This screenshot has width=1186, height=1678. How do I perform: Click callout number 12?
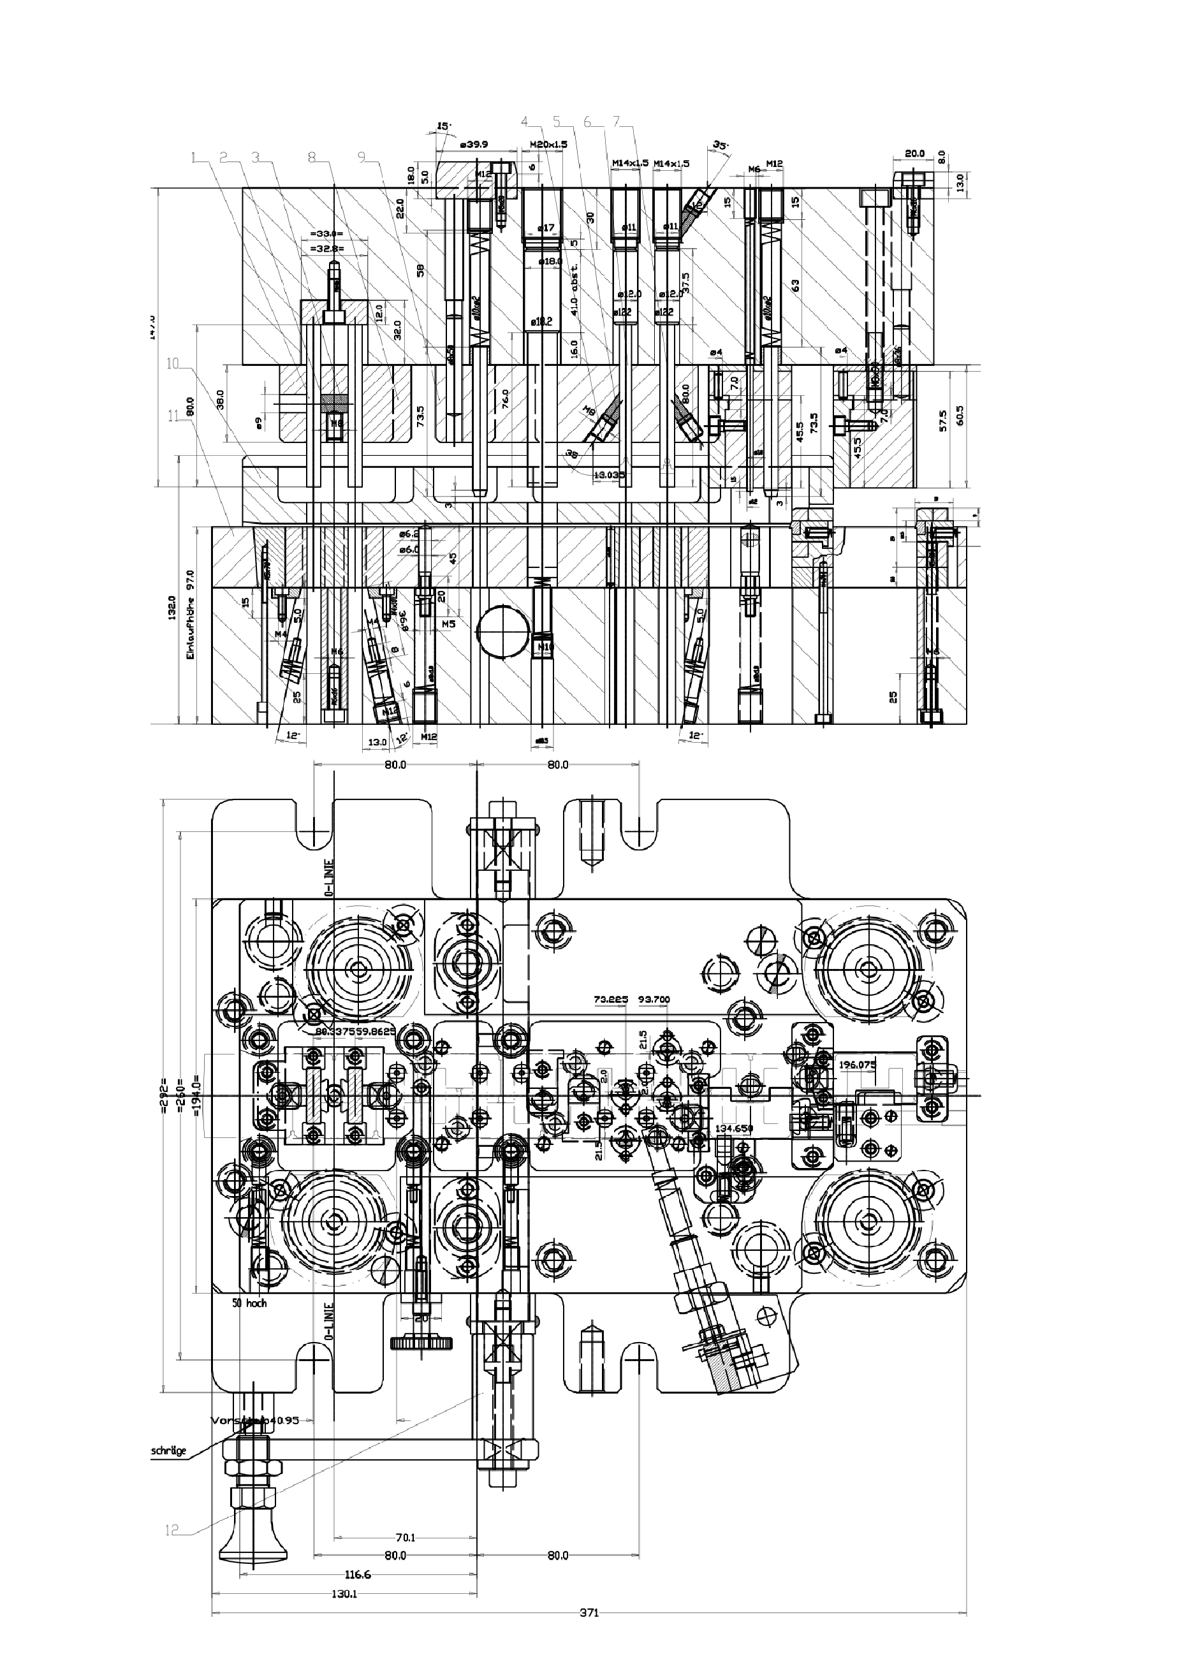click(x=172, y=1550)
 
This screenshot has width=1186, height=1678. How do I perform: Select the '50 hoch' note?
click(x=249, y=1303)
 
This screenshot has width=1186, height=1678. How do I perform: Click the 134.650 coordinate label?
click(x=735, y=1128)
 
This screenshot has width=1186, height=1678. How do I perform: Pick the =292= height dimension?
click(x=164, y=1097)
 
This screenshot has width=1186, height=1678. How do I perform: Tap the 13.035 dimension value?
click(x=610, y=475)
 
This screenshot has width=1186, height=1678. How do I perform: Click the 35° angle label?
click(x=721, y=145)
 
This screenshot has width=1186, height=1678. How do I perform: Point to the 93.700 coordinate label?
click(x=654, y=1000)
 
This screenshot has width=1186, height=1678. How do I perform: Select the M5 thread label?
click(x=449, y=624)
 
